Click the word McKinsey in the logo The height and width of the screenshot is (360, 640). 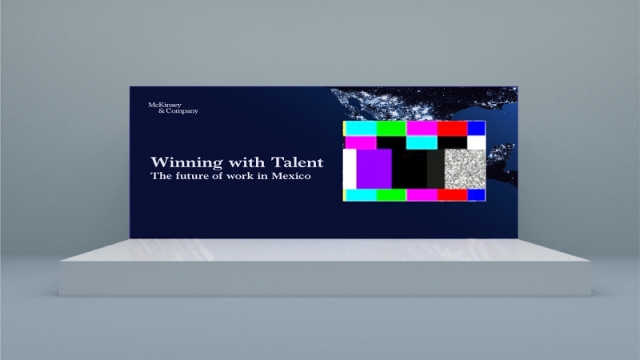tap(165, 105)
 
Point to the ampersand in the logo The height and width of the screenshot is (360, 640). tap(162, 110)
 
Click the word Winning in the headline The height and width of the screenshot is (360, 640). tap(186, 163)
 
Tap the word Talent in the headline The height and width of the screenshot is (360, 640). tap(297, 162)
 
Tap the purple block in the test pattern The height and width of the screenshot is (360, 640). tap(374, 169)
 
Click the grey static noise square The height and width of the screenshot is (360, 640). tap(465, 169)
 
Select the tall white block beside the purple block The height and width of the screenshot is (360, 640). tap(350, 169)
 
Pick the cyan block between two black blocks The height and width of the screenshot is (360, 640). tap(422, 142)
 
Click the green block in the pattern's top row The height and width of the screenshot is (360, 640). tap(391, 128)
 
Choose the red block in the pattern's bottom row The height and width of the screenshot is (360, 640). tap(452, 194)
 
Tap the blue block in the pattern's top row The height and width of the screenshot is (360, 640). tap(476, 128)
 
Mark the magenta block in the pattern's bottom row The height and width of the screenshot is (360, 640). tap(422, 194)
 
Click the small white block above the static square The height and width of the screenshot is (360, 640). tap(476, 142)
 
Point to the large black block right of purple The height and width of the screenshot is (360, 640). tap(410, 169)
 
